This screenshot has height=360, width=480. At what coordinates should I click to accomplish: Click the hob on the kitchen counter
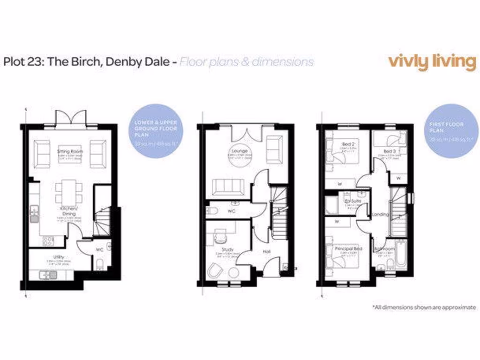pos(48,241)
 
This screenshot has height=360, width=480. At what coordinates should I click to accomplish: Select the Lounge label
pos(239,151)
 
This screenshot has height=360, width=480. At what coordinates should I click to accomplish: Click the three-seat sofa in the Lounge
pos(227,187)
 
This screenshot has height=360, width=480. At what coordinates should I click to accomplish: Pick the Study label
pos(228,250)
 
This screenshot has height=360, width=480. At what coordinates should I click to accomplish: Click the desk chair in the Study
pos(219,238)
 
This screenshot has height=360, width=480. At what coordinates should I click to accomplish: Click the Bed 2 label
pos(347,143)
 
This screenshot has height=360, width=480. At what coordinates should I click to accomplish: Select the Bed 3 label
pos(389,151)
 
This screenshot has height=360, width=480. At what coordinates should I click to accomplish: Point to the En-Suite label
pos(352,201)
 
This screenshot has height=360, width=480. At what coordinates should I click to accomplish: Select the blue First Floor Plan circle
pos(448,131)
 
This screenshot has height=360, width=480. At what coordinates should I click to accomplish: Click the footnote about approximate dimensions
pos(425,307)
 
